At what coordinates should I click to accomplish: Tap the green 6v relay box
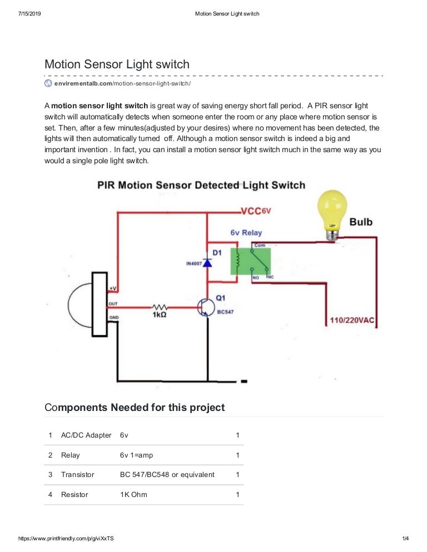(251, 260)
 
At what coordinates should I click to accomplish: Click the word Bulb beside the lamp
(361, 222)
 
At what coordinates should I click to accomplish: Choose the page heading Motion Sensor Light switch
(117, 64)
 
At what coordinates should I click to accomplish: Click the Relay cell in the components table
(71, 455)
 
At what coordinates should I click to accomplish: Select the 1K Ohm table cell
(133, 494)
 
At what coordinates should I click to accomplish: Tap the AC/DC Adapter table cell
(86, 435)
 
